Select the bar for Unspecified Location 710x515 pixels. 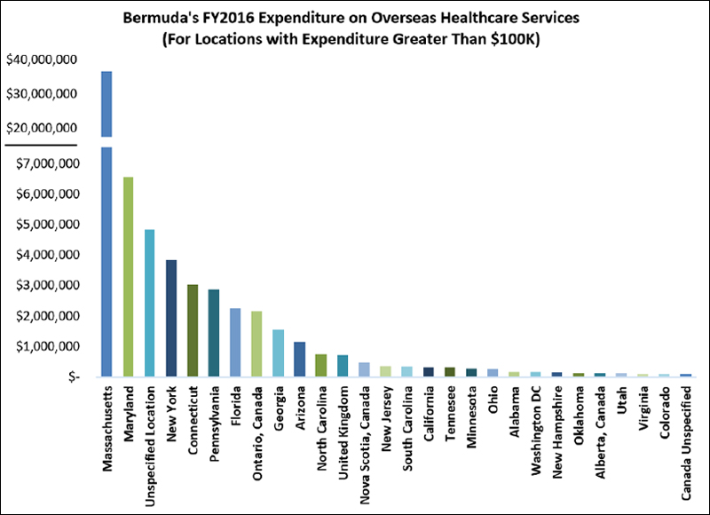pyautogui.click(x=149, y=303)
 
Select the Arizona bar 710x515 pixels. pyautogui.click(x=299, y=359)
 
